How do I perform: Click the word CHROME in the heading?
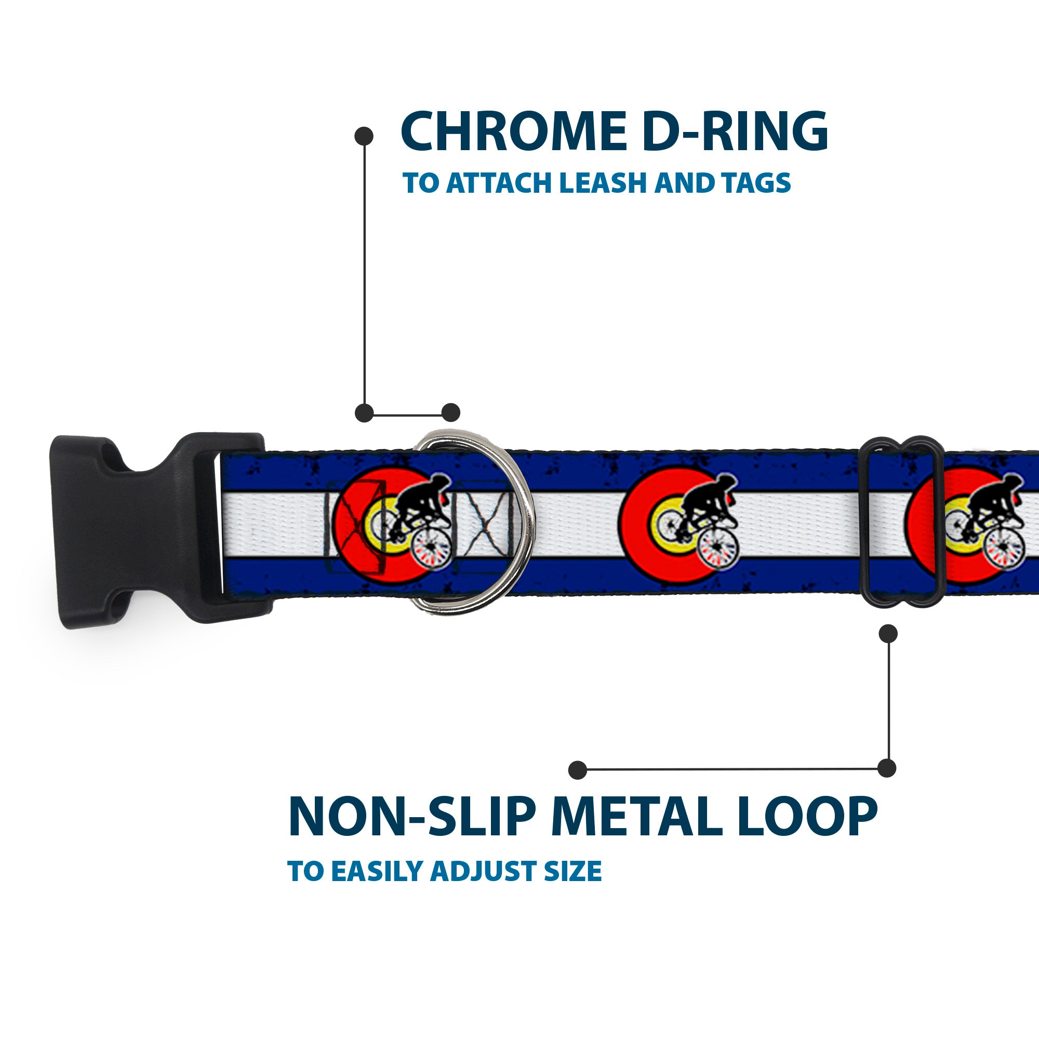click(x=513, y=132)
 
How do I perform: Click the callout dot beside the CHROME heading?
click(x=364, y=136)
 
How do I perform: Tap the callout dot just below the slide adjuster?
click(x=888, y=633)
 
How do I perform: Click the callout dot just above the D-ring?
click(x=450, y=412)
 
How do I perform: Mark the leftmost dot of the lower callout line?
click(x=578, y=769)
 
